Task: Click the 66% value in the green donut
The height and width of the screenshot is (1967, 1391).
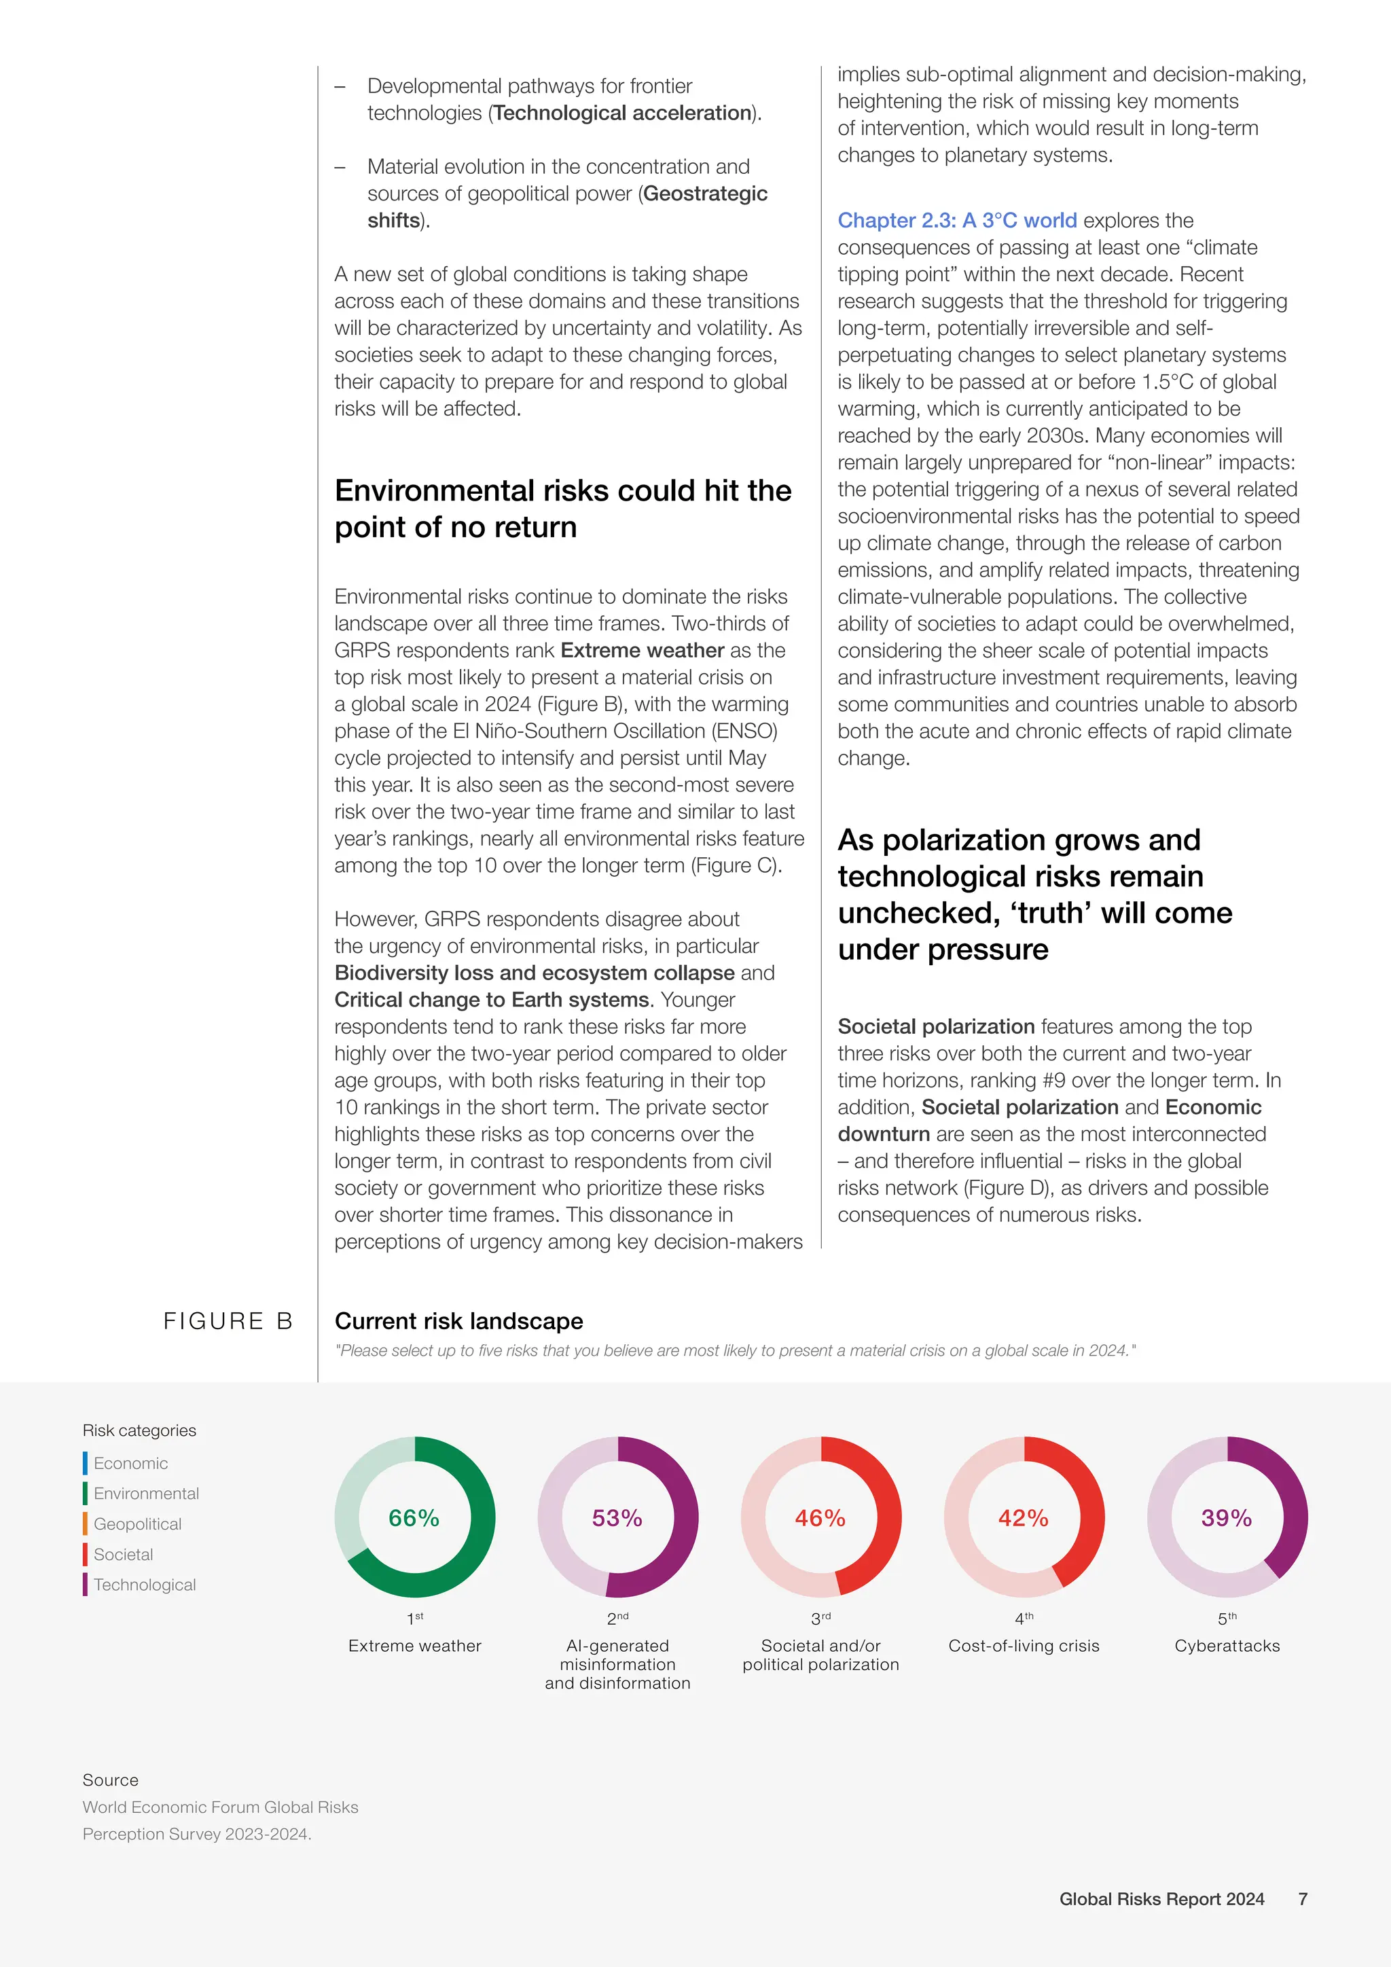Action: pyautogui.click(x=414, y=1518)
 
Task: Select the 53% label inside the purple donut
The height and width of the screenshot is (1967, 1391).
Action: pyautogui.click(x=617, y=1518)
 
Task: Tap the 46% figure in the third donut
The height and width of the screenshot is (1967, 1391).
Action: pyautogui.click(x=820, y=1518)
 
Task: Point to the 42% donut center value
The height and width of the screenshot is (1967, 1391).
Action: pyautogui.click(x=1023, y=1518)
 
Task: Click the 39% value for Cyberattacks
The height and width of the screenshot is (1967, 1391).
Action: pyautogui.click(x=1226, y=1518)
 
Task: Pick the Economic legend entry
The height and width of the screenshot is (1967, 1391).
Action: pyautogui.click(x=130, y=1463)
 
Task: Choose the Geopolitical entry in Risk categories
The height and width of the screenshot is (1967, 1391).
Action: pyautogui.click(x=137, y=1524)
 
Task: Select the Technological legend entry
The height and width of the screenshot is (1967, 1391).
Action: pyautogui.click(x=144, y=1585)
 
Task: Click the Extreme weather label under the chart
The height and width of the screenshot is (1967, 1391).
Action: pyautogui.click(x=414, y=1646)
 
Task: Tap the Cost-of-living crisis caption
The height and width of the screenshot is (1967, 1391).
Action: pyautogui.click(x=1024, y=1646)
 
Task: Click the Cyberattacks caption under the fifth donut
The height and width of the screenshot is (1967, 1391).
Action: pyautogui.click(x=1227, y=1646)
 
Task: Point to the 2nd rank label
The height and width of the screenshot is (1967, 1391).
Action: pyautogui.click(x=617, y=1619)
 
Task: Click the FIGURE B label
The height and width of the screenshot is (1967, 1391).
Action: pyautogui.click(x=228, y=1321)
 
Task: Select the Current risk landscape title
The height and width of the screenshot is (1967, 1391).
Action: pyautogui.click(x=458, y=1321)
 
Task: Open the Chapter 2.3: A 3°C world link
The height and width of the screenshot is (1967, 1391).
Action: pyautogui.click(x=957, y=220)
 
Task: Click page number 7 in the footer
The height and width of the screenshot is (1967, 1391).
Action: pyautogui.click(x=1303, y=1899)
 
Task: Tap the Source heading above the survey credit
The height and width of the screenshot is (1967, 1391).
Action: pyautogui.click(x=111, y=1780)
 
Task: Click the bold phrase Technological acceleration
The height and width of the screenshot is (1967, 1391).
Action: pyautogui.click(x=623, y=113)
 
